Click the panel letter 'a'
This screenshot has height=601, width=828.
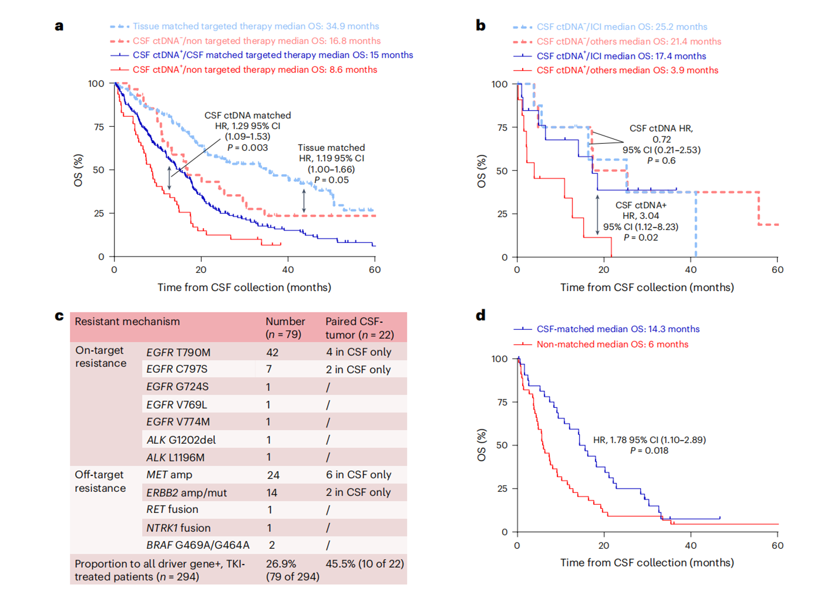click(x=59, y=26)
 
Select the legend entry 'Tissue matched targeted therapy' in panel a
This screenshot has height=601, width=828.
click(x=255, y=26)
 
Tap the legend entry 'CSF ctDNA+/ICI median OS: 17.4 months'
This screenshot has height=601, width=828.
click(x=621, y=56)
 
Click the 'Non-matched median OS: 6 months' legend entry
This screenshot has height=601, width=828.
click(x=612, y=345)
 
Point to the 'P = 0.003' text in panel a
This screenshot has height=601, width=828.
click(x=247, y=148)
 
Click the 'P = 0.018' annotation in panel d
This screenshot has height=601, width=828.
click(x=649, y=451)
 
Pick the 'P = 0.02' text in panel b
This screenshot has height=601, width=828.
click(x=641, y=238)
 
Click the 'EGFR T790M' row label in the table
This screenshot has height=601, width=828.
click(x=178, y=352)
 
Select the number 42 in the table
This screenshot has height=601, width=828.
click(x=272, y=352)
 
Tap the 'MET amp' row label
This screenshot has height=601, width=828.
click(x=169, y=475)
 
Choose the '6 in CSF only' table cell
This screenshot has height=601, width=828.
click(x=358, y=475)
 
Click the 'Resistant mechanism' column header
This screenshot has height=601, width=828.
click(x=127, y=322)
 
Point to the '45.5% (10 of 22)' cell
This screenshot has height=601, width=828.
click(x=365, y=564)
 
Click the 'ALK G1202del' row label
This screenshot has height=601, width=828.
click(x=181, y=440)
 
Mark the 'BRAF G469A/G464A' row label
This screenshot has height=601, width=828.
click(x=198, y=545)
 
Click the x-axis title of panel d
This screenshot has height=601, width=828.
click(x=647, y=563)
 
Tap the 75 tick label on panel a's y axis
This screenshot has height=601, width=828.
click(x=99, y=127)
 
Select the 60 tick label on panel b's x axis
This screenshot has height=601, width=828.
click(x=777, y=270)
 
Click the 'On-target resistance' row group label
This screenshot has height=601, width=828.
click(x=100, y=357)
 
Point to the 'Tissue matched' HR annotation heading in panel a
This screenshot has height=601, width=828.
click(x=331, y=148)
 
